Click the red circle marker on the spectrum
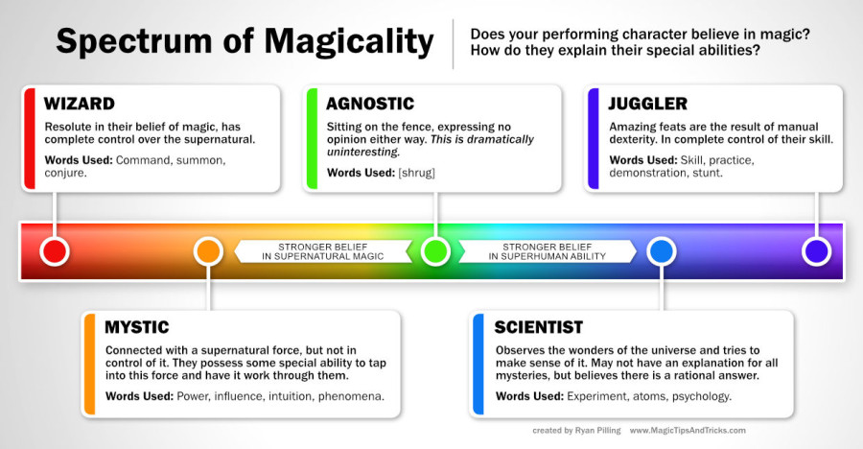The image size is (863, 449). click(55, 251)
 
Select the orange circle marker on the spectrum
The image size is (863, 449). click(208, 251)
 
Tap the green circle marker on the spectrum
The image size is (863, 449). click(435, 251)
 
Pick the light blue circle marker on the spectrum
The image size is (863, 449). click(661, 251)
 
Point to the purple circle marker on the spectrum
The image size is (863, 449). click(816, 251)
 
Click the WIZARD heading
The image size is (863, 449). click(80, 104)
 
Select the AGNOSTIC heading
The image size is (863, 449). click(370, 104)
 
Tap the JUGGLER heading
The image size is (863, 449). click(648, 104)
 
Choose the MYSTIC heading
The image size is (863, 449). click(137, 327)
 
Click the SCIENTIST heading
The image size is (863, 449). click(538, 327)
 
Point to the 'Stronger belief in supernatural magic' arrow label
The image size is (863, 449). click(323, 251)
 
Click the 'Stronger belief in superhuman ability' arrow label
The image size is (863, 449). click(548, 251)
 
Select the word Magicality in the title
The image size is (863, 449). click(349, 42)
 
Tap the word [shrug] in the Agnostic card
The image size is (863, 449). click(417, 173)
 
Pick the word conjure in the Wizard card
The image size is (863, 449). click(65, 173)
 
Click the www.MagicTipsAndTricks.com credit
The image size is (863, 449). click(688, 430)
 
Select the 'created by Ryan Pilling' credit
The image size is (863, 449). click(576, 430)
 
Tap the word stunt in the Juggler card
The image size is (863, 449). click(708, 173)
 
